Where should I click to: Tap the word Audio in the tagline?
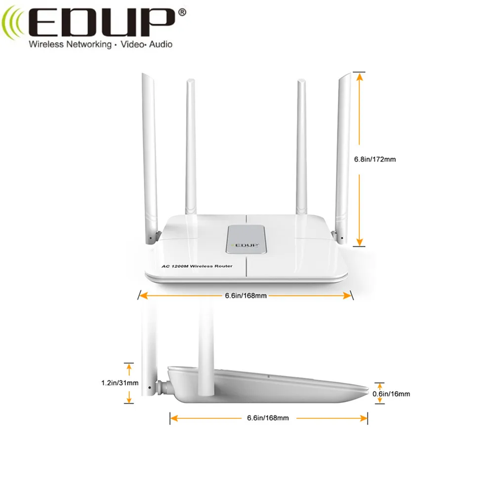(x=160, y=44)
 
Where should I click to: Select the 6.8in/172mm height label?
(x=375, y=160)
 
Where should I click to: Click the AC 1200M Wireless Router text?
(x=197, y=266)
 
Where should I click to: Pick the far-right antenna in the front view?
(x=344, y=153)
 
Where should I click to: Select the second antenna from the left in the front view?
(x=190, y=148)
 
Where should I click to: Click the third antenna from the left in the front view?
(x=301, y=148)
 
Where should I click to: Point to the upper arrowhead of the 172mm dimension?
(x=359, y=76)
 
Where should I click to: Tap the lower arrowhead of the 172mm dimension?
(x=359, y=242)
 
